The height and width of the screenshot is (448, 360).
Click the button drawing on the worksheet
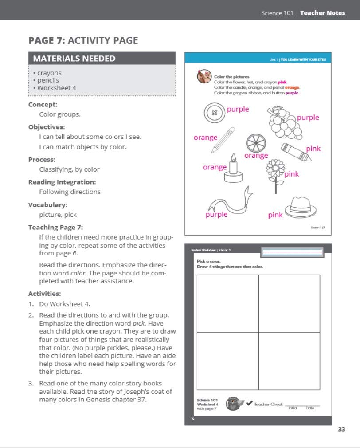(215, 112)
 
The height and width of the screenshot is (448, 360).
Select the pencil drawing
(223, 140)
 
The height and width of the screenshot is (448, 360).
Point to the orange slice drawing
(255, 142)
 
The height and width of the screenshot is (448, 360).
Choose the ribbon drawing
(231, 202)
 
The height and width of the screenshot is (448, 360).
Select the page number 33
(341, 429)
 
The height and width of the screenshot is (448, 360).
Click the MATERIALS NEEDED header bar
(102, 58)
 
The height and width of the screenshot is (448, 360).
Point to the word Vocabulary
(48, 205)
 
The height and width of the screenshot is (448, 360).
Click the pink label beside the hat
(275, 215)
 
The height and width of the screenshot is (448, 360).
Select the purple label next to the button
(238, 109)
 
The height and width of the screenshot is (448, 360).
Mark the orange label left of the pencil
(205, 138)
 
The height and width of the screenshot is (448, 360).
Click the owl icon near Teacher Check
(234, 404)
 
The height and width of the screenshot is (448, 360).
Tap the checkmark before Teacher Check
(249, 403)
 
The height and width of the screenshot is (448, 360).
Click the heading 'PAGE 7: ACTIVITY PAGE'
(83, 41)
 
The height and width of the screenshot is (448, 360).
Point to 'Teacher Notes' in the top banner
(322, 13)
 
